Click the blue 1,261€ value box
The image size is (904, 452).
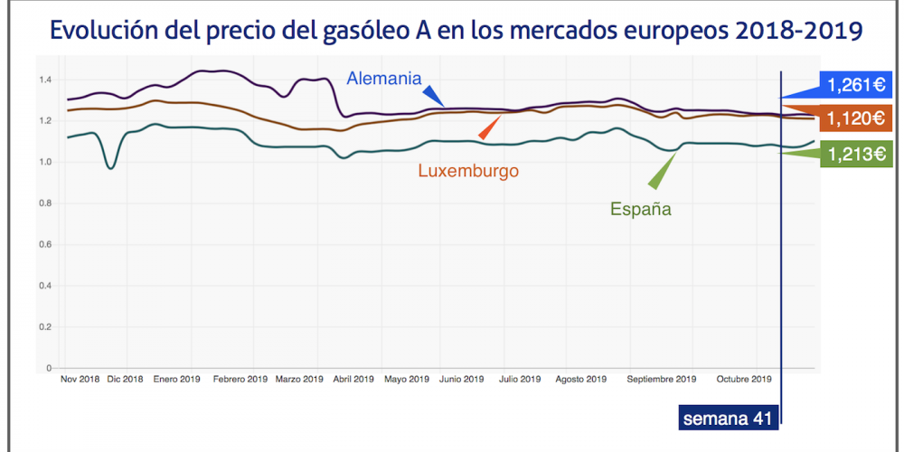(x=855, y=85)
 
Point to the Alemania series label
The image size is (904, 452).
(x=384, y=79)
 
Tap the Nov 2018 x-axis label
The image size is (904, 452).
(x=80, y=379)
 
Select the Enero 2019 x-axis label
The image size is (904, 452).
(x=176, y=379)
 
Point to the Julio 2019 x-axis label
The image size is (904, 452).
(x=520, y=379)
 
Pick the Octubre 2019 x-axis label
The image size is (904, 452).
(x=743, y=379)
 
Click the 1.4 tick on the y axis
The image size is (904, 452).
(x=45, y=80)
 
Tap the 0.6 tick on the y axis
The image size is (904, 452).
(x=45, y=245)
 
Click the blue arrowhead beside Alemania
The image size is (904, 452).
(x=435, y=97)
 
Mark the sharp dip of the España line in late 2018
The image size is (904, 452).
(x=110, y=167)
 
